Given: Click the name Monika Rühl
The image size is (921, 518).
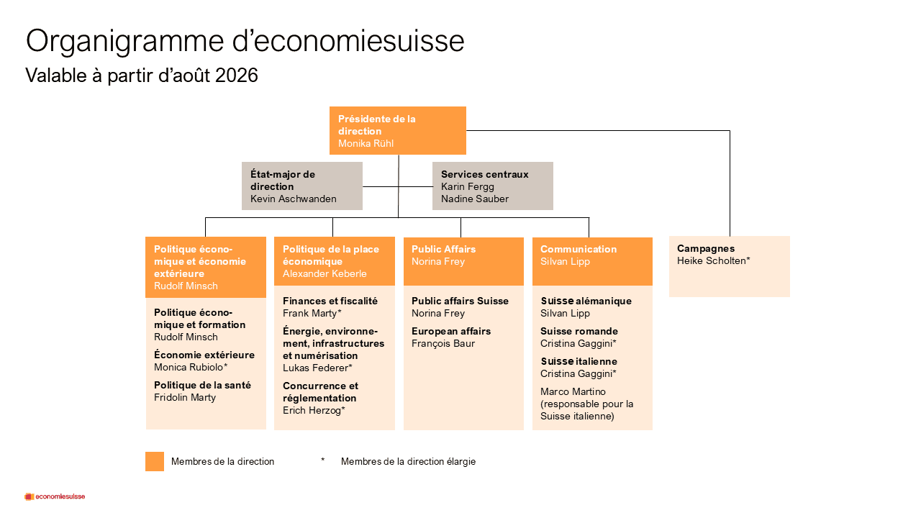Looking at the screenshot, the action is tap(366, 143).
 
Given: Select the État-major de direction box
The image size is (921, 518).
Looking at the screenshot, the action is tap(302, 186).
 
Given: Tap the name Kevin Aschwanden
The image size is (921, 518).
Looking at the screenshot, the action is tap(293, 199).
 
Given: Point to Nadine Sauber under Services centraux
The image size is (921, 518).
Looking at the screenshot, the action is tap(474, 199).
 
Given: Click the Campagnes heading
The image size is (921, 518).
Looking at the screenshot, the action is tap(706, 249).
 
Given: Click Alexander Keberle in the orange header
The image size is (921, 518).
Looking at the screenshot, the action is tap(325, 274).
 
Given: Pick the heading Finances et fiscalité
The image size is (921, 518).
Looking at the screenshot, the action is tap(330, 301).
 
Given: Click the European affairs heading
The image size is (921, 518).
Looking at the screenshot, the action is tap(451, 332).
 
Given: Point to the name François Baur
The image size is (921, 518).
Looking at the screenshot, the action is tap(443, 344).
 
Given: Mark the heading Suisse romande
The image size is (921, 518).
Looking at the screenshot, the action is tap(579, 332).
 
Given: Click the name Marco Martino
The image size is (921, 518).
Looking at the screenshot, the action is tap(573, 392).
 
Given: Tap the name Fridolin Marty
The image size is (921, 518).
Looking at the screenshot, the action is tap(185, 398).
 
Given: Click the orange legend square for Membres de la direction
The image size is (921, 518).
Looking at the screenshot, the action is tap(155, 461).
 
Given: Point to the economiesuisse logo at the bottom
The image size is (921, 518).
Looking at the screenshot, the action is tap(55, 496).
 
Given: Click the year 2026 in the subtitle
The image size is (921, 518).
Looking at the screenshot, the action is tap(237, 76).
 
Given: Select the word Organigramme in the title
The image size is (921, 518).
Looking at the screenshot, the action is tap(125, 42).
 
